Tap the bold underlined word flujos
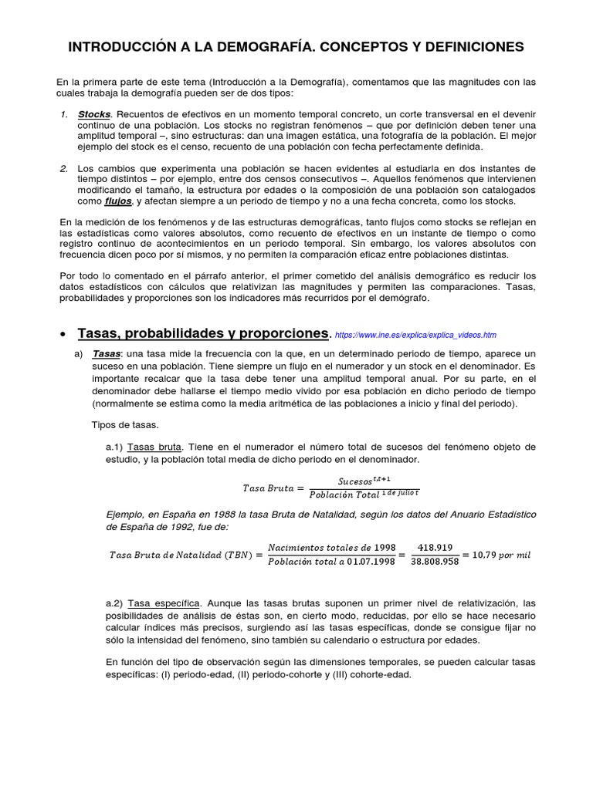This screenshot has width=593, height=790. pos(118,201)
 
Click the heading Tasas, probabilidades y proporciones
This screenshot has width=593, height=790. pos(203,333)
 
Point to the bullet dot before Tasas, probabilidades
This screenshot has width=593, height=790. pos(62,334)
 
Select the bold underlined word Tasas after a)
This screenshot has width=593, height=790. pos(106,353)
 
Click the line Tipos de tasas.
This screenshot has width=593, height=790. pos(124,425)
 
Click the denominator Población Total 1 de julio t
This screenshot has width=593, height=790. pos(364,495)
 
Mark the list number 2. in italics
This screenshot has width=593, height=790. pos(64,168)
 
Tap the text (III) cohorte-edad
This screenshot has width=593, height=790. pos(368,674)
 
